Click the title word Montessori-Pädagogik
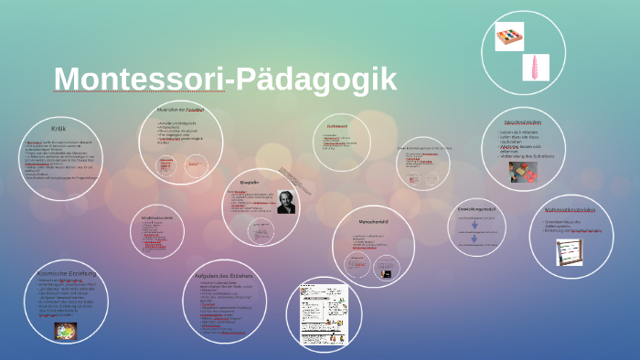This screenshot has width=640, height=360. (225, 79)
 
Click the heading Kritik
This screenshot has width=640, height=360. (59, 129)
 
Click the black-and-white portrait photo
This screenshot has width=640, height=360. (285, 202)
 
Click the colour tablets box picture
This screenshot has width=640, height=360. (508, 37)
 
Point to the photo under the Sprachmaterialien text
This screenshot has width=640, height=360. (523, 172)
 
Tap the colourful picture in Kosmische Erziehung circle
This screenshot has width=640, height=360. (66, 331)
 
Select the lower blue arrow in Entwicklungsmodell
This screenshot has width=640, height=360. (475, 239)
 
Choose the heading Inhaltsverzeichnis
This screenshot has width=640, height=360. (157, 218)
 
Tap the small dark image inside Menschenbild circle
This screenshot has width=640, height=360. (387, 273)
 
